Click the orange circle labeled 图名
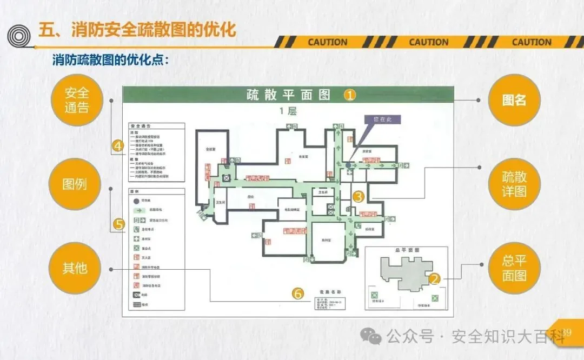point(514,100)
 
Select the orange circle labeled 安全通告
point(77,100)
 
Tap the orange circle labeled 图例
point(75,184)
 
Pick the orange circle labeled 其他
point(75,268)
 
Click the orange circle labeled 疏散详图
point(514,184)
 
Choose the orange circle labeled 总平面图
point(514,268)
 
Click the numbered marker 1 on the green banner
point(350,95)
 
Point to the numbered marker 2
point(434,279)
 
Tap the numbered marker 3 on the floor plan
point(359,197)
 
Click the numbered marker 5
point(119,223)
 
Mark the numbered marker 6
point(298,294)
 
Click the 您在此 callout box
point(382,120)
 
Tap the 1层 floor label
point(288,111)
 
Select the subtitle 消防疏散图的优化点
point(110,60)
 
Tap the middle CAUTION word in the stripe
point(429,42)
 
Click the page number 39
point(566,332)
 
